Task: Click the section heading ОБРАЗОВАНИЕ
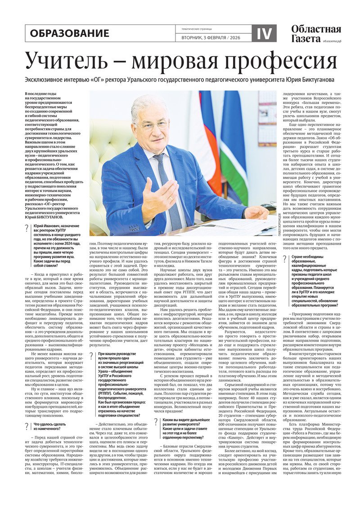(70, 33)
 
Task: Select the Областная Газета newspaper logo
(316, 34)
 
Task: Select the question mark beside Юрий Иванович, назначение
(27, 228)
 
